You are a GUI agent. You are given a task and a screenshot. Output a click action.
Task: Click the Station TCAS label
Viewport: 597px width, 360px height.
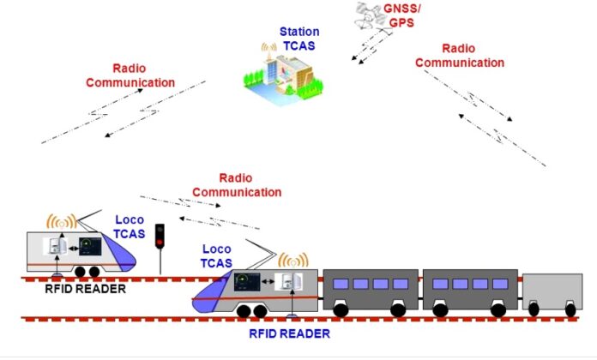point(299,39)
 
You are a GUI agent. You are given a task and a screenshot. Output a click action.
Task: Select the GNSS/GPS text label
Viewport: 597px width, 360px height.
point(402,15)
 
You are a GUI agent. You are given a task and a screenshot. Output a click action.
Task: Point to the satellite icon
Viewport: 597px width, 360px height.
point(369,16)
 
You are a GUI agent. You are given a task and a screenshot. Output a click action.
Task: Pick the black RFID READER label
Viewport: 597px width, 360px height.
point(85,289)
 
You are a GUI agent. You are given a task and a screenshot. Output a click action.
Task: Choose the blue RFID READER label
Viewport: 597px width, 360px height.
point(289,333)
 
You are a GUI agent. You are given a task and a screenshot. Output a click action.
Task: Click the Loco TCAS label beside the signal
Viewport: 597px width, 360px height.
point(130,227)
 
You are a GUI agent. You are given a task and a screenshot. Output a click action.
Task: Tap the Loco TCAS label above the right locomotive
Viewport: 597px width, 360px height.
point(216,256)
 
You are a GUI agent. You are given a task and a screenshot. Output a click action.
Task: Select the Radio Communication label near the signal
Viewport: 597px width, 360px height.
point(237,185)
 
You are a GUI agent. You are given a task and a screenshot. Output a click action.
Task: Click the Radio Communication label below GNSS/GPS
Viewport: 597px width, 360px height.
point(460,56)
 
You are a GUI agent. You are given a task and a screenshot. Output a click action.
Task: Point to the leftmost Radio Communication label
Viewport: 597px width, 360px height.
point(130,75)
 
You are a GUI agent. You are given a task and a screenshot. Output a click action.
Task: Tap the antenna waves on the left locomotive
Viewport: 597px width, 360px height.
point(62,221)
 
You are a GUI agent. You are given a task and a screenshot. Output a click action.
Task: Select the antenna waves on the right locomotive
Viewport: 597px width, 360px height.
point(293,260)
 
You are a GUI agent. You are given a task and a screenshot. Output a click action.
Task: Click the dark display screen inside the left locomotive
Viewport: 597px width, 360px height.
point(90,246)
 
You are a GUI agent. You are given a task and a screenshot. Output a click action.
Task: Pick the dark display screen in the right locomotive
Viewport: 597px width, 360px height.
point(247,282)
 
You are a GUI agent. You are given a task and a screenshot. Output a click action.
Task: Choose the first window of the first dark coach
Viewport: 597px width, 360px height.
point(341,284)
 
